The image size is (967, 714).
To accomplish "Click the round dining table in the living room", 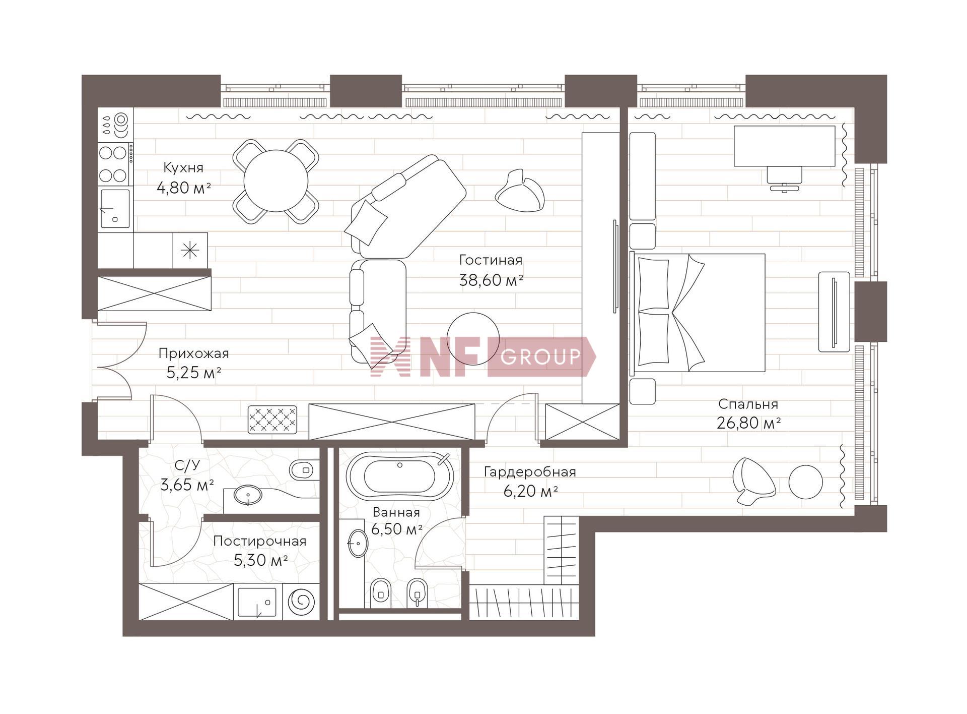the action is (275, 181).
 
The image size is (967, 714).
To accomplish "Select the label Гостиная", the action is (491, 260).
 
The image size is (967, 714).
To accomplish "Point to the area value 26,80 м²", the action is (748, 423).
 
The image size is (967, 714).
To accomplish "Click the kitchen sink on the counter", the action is (115, 208).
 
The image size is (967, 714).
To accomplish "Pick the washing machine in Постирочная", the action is (301, 602).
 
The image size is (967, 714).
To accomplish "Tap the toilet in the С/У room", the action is (304, 470).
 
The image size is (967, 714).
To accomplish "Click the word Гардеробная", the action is (530, 472).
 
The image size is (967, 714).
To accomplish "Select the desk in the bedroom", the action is (784, 146).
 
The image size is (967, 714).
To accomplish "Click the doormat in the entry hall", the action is (272, 419).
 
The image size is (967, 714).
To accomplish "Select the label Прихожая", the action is (193, 353).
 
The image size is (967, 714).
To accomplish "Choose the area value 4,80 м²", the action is (183, 188).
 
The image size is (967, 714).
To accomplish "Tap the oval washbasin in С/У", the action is (248, 495).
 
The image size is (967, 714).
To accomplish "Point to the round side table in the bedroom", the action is (805, 482).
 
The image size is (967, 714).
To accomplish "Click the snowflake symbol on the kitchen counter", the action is (190, 250).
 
